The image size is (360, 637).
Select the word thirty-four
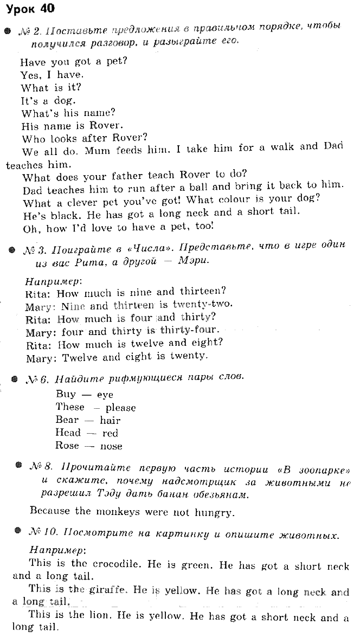[x=190, y=331]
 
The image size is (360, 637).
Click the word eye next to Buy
[x=105, y=395]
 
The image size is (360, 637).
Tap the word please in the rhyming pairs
[x=120, y=408]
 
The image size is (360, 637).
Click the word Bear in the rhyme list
[x=67, y=420]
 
